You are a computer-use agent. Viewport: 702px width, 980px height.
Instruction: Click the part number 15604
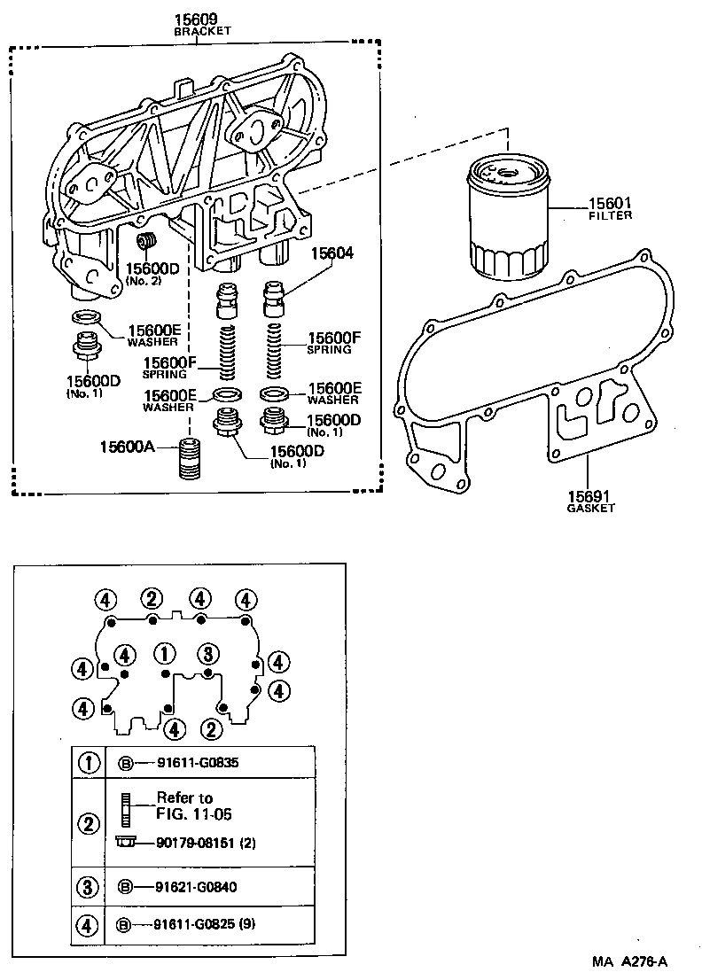click(332, 253)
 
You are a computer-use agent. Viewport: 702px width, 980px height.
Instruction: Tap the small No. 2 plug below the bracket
click(147, 242)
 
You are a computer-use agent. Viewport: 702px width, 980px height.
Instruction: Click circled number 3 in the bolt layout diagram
click(207, 654)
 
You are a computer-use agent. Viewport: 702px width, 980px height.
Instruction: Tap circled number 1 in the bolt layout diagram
click(165, 654)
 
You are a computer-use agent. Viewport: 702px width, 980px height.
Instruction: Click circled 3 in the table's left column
click(89, 885)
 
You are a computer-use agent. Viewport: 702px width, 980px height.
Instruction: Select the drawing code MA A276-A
click(631, 961)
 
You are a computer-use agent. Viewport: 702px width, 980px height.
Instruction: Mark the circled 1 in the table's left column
click(89, 762)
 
